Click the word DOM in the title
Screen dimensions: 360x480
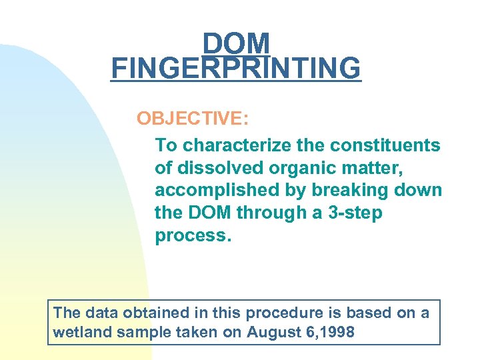237,44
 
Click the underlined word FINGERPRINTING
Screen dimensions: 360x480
236,68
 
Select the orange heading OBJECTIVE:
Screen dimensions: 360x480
193,119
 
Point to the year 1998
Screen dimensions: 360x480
338,331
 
